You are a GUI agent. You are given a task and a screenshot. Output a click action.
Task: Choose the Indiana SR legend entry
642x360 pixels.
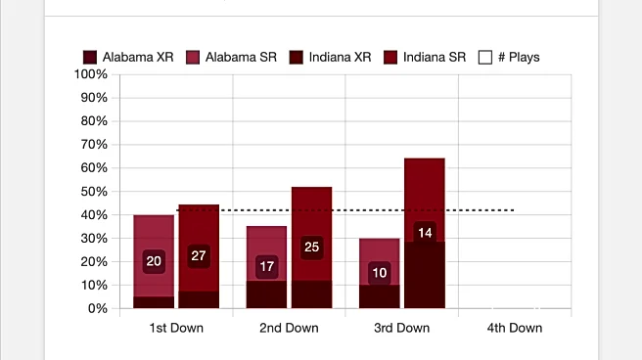[426, 57]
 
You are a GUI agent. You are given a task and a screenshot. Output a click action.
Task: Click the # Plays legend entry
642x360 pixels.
[508, 57]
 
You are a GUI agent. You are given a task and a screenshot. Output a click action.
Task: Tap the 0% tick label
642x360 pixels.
[96, 308]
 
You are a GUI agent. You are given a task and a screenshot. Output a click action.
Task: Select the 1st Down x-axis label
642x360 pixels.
[176, 328]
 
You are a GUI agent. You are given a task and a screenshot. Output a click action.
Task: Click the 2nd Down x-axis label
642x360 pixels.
[289, 328]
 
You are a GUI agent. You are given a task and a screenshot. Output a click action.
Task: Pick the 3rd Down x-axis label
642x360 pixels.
[401, 328]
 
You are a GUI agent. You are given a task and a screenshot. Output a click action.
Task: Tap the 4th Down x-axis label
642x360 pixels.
[514, 328]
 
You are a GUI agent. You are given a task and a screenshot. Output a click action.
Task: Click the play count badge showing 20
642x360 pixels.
[154, 261]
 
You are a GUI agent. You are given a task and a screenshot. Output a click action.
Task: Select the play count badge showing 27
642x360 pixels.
[199, 256]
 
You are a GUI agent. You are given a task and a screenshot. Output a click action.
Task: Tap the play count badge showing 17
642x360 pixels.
[266, 266]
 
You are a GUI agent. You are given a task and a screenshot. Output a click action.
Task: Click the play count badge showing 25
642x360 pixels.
[311, 247]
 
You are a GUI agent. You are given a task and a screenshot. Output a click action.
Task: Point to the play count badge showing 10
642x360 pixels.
[379, 272]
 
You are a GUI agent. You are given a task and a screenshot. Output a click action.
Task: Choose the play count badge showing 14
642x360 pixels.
[425, 233]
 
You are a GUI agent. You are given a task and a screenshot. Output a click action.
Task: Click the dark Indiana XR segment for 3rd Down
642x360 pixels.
[425, 279]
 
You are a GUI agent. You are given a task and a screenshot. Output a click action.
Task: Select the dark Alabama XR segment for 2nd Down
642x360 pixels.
[266, 294]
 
